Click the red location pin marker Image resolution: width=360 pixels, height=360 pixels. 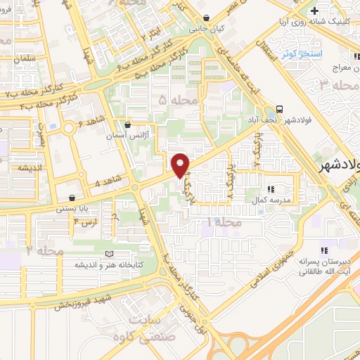(181, 165)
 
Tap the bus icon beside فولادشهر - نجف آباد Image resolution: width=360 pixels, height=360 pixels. (281, 109)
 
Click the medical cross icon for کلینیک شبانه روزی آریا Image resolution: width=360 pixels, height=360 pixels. (314, 11)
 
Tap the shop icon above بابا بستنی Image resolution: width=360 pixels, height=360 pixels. (73, 198)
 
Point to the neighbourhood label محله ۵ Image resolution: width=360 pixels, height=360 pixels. (173, 101)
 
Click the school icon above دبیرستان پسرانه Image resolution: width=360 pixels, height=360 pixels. (323, 250)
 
